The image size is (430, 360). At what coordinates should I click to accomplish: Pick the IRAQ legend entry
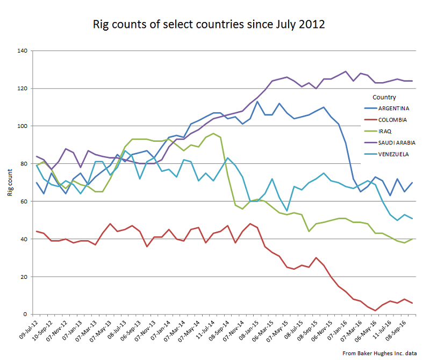[x=385, y=131]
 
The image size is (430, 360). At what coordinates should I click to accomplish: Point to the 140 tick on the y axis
[x=23, y=51]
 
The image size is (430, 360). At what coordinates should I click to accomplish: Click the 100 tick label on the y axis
[x=23, y=126]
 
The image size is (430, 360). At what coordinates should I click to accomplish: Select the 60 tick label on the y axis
[x=24, y=201]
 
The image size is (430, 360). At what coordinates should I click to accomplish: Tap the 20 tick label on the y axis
[x=24, y=277]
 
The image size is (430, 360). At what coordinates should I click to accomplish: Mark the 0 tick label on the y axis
[x=26, y=314]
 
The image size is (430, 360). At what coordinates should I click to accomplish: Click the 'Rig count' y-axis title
[x=10, y=183]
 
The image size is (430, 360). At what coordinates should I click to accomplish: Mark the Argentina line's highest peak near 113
[x=257, y=102]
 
